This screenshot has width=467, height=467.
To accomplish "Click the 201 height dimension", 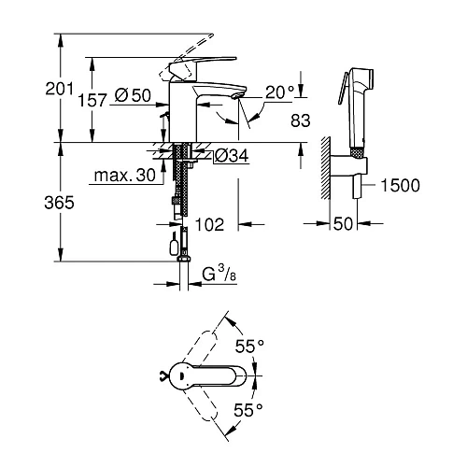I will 35,89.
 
